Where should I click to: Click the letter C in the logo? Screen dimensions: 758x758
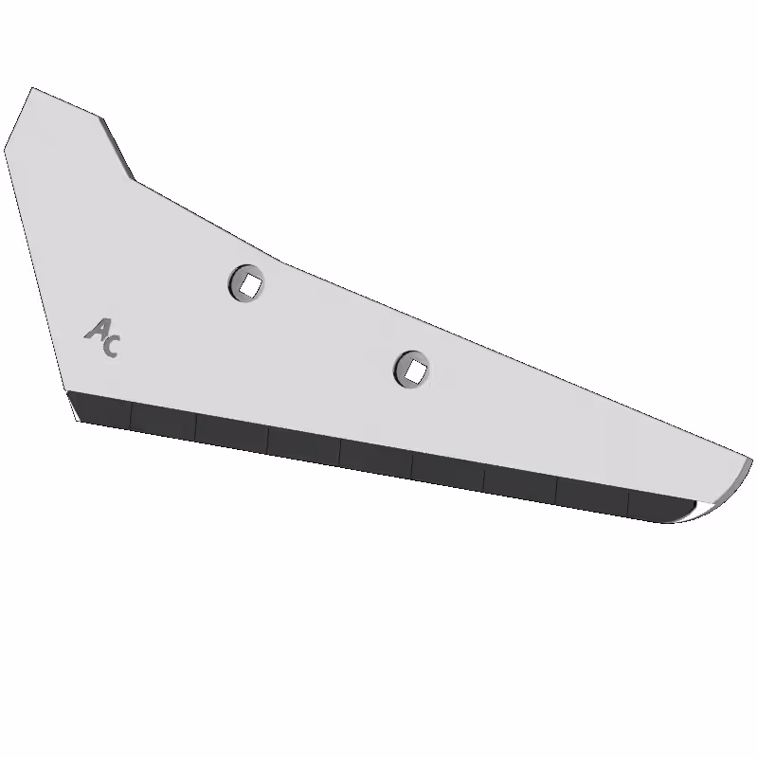point(111,346)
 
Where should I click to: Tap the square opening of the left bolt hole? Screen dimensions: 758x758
point(250,285)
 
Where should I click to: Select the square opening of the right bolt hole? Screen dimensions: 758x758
point(416,371)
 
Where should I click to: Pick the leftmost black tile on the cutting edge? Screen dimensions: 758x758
point(100,409)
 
